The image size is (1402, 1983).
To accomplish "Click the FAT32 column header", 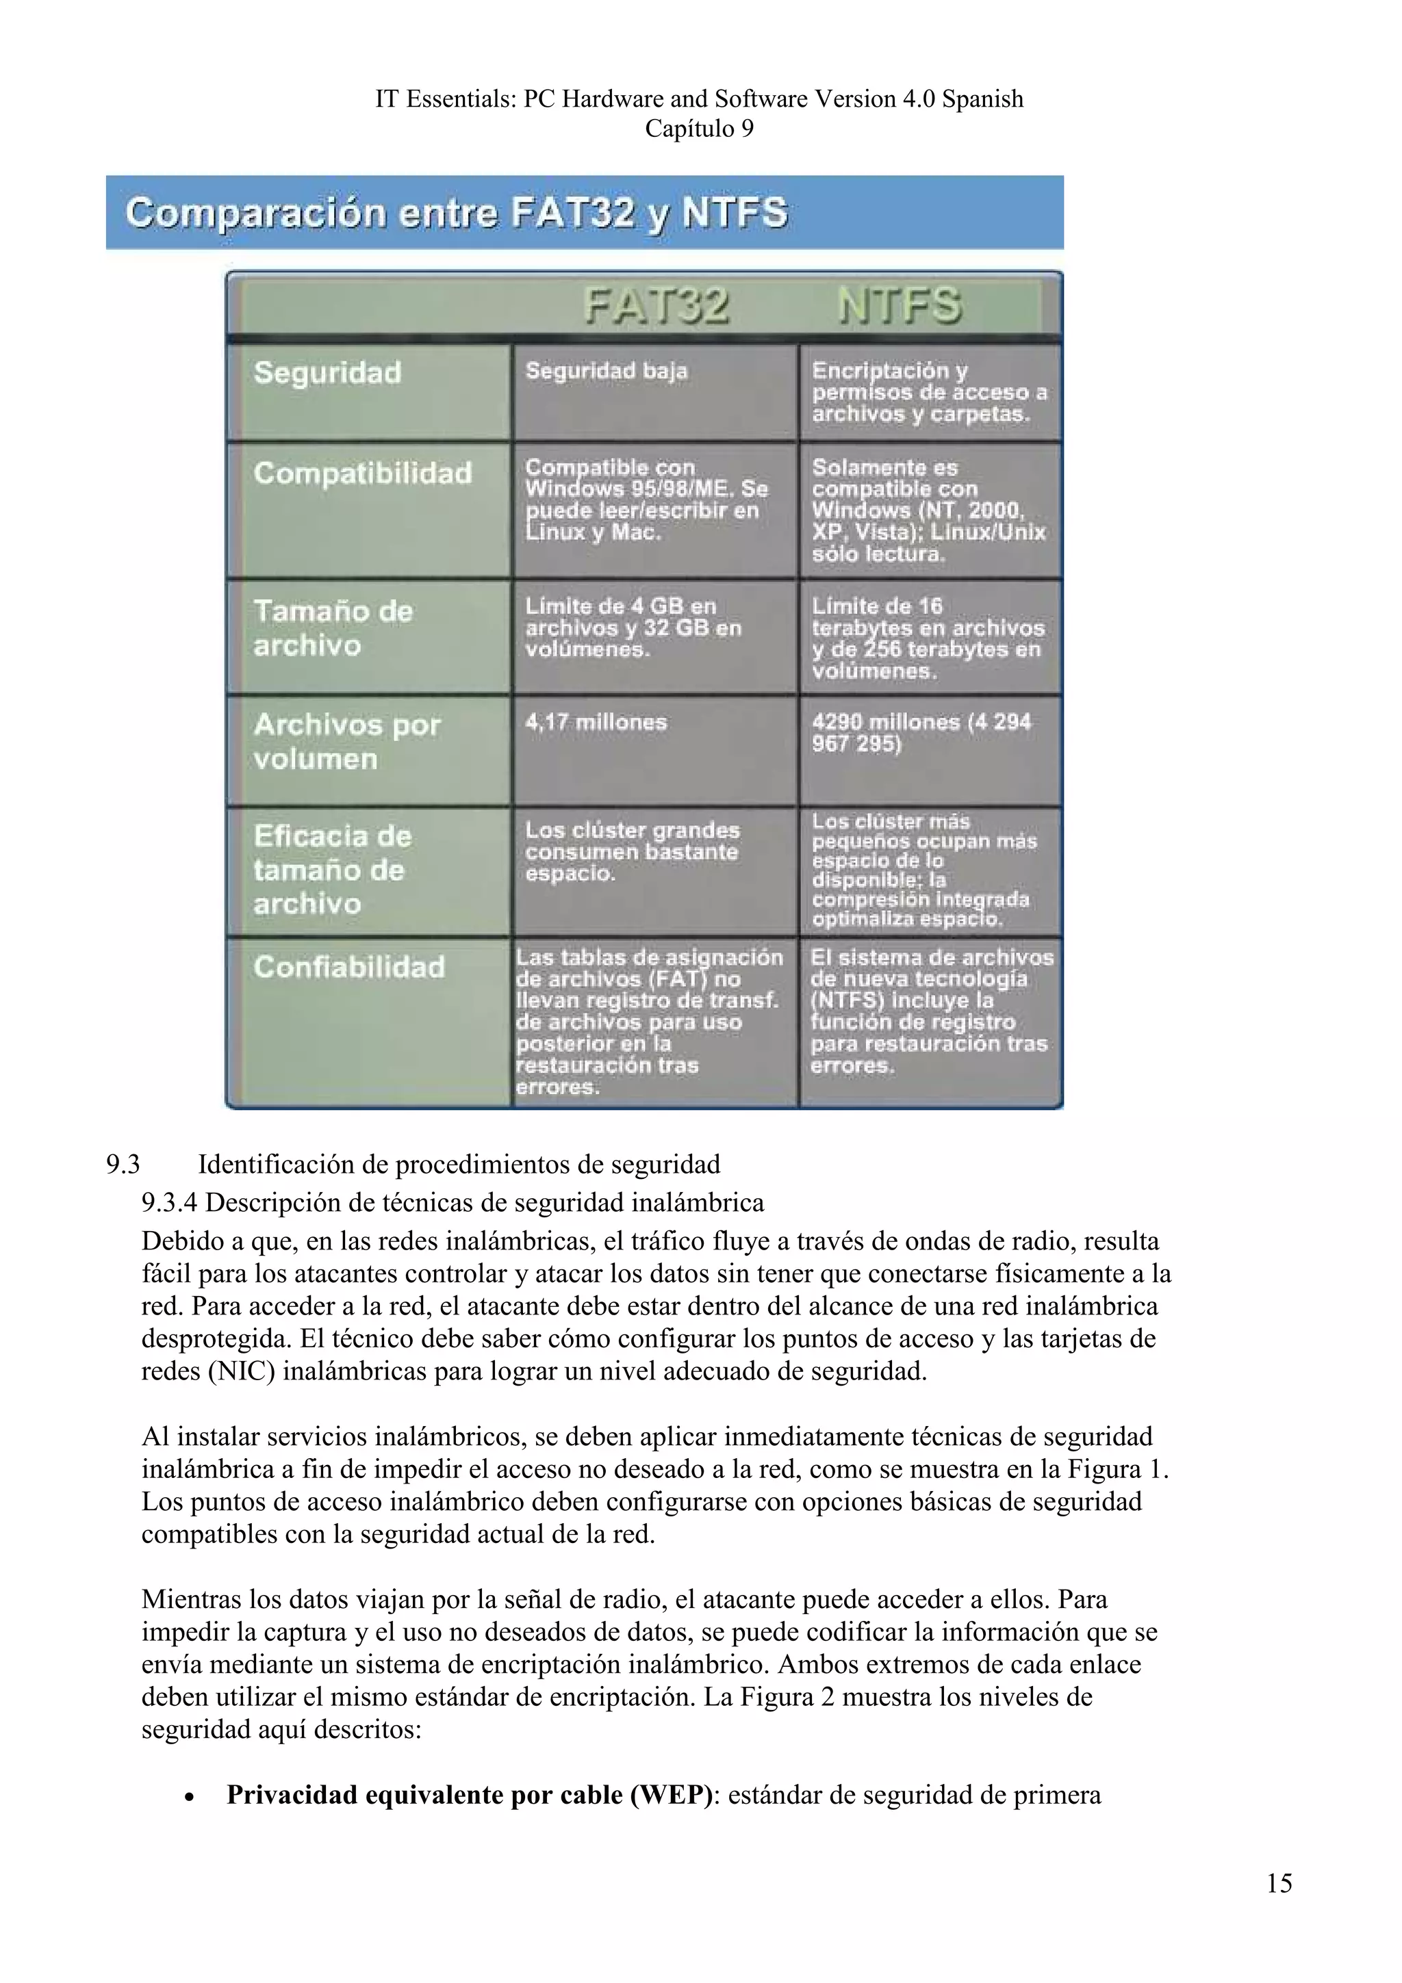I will pos(657,306).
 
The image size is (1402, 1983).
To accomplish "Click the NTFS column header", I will pos(900,306).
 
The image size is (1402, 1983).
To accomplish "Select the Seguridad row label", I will pos(327,373).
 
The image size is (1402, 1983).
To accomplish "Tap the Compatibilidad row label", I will pos(363,474).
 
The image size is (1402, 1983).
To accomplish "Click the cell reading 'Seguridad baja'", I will pos(607,372).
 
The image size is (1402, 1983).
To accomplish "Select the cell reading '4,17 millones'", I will pos(596,722).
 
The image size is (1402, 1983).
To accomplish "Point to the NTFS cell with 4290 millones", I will pos(921,732).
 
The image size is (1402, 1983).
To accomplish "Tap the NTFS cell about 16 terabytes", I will pos(927,638).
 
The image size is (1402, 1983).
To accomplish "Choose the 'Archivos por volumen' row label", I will pos(346,741).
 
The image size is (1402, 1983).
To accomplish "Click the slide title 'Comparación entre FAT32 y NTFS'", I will pos(456,212).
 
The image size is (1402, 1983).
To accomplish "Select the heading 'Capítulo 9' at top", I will pos(699,129).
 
